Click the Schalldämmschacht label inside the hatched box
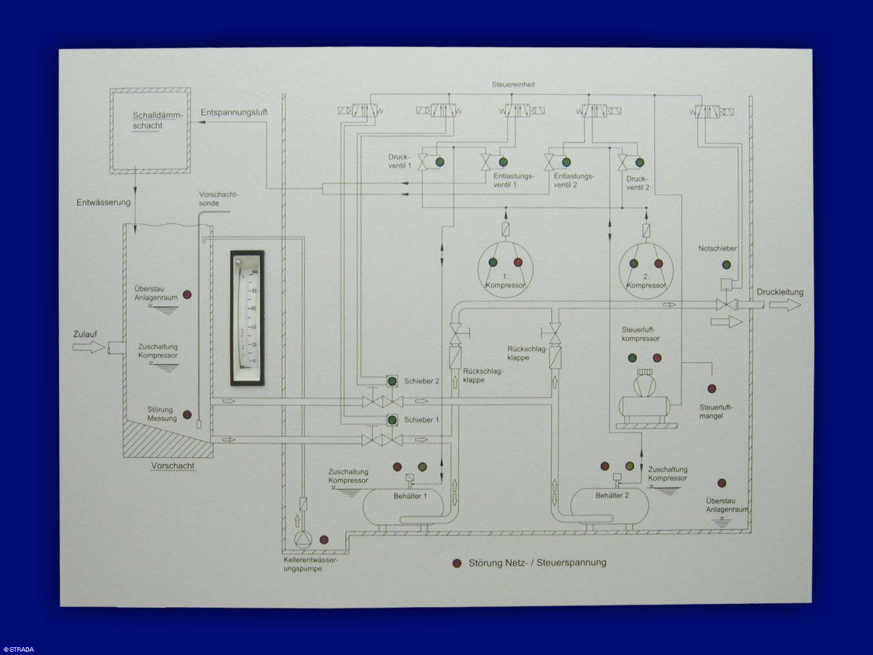(157, 120)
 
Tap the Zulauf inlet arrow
(89, 348)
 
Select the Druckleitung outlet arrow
(785, 305)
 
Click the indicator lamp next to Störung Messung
(188, 414)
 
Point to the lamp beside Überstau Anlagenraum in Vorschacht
(188, 294)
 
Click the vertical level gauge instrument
(248, 318)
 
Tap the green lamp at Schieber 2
(392, 381)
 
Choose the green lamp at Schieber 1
(392, 420)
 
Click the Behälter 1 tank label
(410, 496)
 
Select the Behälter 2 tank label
(612, 496)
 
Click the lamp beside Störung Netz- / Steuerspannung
(457, 563)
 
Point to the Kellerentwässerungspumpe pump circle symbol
(303, 540)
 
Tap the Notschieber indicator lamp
(726, 265)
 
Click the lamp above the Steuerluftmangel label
(711, 389)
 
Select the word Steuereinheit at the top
(513, 85)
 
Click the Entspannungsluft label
(233, 113)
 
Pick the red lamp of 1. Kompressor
(517, 262)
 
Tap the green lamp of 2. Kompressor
(633, 263)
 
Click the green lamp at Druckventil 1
(440, 162)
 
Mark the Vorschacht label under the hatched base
(173, 466)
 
